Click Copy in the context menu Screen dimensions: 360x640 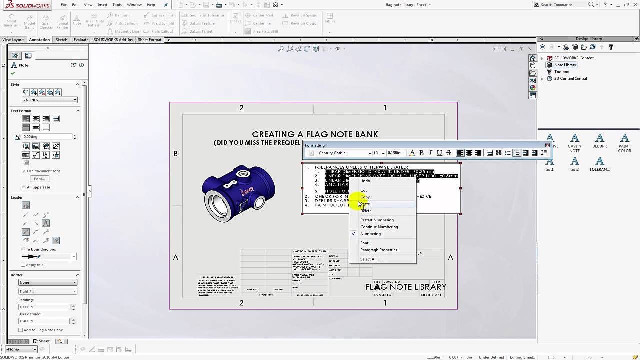[x=365, y=197]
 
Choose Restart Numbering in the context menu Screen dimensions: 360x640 [x=377, y=220]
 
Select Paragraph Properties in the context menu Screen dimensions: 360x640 [x=378, y=250]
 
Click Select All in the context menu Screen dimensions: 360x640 [x=368, y=259]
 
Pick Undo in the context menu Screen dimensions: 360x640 [x=365, y=181]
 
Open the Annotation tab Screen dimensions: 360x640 [x=39, y=40]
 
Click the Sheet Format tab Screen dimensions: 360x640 [x=149, y=40]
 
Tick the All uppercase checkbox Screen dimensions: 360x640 [x=24, y=187]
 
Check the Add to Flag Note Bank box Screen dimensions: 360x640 [x=21, y=330]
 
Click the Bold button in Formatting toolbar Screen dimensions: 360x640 [x=421, y=153]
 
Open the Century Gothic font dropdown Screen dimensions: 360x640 [x=370, y=153]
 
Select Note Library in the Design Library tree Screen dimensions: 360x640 [x=565, y=65]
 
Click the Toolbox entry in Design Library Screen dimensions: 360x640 [x=561, y=72]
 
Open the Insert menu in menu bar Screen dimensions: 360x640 [x=102, y=5]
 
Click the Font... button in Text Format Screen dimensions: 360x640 [x=39, y=179]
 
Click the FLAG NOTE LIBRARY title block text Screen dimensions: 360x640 [x=406, y=287]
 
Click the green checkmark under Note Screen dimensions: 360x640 [x=13, y=74]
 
